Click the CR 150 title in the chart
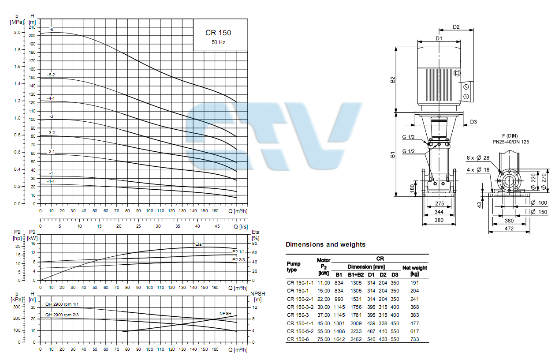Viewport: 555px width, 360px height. [218, 33]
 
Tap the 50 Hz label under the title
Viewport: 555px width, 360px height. [218, 42]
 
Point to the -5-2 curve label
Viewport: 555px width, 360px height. [51, 75]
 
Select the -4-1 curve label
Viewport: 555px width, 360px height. [51, 98]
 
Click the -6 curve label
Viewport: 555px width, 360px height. [51, 30]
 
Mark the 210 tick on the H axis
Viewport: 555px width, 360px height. [32, 27]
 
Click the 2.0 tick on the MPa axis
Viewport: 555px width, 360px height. [17, 33]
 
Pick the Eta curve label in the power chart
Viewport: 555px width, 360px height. [198, 244]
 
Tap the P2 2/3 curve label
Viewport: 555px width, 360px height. [238, 259]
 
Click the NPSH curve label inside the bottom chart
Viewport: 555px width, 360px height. [225, 313]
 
